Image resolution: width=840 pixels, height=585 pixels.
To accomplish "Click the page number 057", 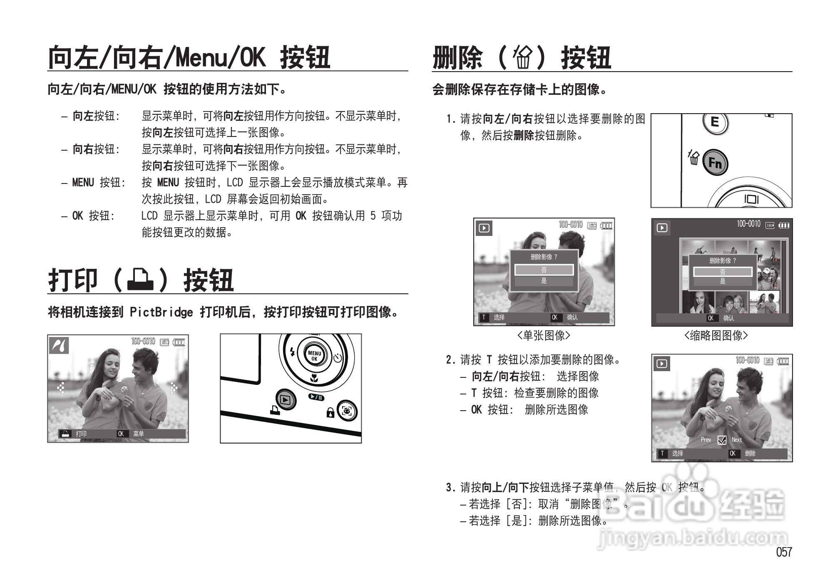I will click(783, 552).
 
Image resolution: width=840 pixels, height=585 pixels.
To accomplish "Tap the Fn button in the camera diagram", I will click(715, 162).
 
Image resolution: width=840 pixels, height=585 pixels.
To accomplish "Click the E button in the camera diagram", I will click(715, 122).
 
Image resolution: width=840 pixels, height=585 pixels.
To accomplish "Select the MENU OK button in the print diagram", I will click(314, 356).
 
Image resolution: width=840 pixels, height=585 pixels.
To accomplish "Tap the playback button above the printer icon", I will click(285, 400).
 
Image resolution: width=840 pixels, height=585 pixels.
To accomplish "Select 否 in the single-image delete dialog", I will click(544, 270).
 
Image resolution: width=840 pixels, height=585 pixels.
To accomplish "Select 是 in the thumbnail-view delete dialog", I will click(722, 282).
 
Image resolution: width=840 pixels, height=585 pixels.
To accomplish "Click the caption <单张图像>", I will click(544, 335).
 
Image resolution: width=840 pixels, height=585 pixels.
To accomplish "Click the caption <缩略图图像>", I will click(716, 335).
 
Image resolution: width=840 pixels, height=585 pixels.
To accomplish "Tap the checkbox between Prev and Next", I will click(722, 440).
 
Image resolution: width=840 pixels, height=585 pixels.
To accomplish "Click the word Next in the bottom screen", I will click(736, 440).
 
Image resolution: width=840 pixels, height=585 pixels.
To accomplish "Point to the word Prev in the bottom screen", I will click(706, 440).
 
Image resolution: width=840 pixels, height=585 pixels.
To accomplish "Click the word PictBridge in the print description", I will click(161, 312).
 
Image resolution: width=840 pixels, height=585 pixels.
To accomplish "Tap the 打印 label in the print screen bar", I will click(81, 434).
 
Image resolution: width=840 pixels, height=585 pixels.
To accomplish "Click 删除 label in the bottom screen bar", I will click(750, 454).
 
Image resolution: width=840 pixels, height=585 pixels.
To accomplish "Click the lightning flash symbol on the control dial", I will click(292, 352).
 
